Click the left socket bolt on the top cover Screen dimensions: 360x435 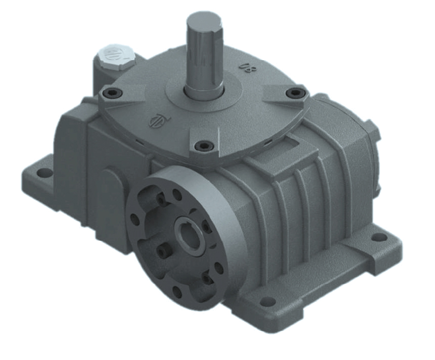(x=109, y=93)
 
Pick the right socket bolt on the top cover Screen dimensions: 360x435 (x=295, y=93)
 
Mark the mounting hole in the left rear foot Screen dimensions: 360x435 (x=45, y=172)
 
